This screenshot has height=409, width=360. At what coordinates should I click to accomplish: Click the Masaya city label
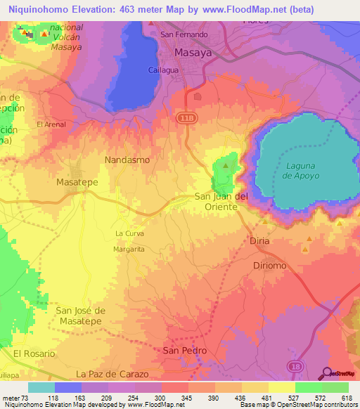click(x=192, y=53)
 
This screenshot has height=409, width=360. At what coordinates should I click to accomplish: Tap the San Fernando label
click(x=184, y=34)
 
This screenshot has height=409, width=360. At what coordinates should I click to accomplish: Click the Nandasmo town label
click(x=127, y=160)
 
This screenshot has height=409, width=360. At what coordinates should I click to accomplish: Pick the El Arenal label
click(x=51, y=124)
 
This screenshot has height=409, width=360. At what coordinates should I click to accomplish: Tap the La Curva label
click(x=129, y=233)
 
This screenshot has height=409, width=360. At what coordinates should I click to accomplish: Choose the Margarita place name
click(x=129, y=249)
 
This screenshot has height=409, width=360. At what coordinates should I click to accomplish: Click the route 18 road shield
click(x=295, y=367)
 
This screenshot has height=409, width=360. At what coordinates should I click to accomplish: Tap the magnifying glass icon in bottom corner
click(x=326, y=373)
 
